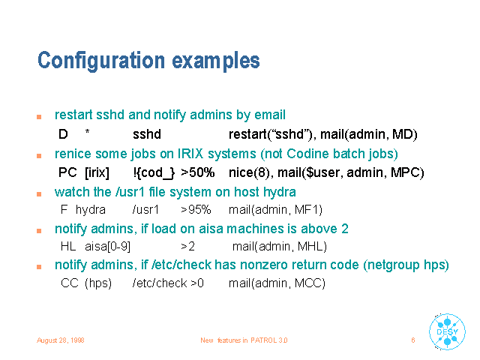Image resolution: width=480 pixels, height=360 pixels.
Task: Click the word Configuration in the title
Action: pyautogui.click(x=101, y=61)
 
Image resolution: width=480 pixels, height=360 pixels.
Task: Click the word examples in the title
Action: pyautogui.click(x=216, y=61)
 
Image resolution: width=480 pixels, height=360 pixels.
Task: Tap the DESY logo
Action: pyautogui.click(x=447, y=331)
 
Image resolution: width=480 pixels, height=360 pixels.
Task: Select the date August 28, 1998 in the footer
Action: pyautogui.click(x=60, y=340)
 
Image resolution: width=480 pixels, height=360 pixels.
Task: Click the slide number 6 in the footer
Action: pyautogui.click(x=413, y=340)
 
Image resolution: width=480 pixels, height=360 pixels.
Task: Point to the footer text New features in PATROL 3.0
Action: pyautogui.click(x=244, y=340)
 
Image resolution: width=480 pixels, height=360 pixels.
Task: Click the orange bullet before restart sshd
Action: pyautogui.click(x=39, y=117)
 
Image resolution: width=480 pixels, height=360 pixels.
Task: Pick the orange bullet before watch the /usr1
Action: pyautogui.click(x=39, y=193)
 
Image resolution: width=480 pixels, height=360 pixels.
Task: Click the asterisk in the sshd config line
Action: pyautogui.click(x=87, y=132)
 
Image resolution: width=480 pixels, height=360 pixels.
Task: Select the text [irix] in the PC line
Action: pyautogui.click(x=97, y=172)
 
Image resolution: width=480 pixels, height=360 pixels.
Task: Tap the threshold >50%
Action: pyautogui.click(x=197, y=172)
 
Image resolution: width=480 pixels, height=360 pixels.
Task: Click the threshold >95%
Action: pyautogui.click(x=196, y=210)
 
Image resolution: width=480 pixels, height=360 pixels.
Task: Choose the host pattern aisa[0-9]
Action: pyautogui.click(x=107, y=247)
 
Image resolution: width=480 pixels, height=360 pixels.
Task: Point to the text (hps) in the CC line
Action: pyautogui.click(x=98, y=283)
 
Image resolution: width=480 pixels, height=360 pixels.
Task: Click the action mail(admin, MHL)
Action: pyautogui.click(x=280, y=247)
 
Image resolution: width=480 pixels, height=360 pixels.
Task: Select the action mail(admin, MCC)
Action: pyautogui.click(x=277, y=283)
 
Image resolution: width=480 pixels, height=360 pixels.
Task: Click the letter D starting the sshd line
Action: pyautogui.click(x=63, y=134)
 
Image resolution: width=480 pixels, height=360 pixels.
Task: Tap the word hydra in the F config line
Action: pyautogui.click(x=91, y=210)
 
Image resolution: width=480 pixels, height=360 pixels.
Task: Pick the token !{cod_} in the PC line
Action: pyautogui.click(x=154, y=173)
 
